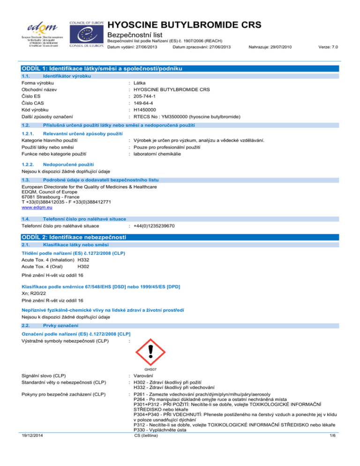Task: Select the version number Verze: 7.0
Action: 328,47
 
